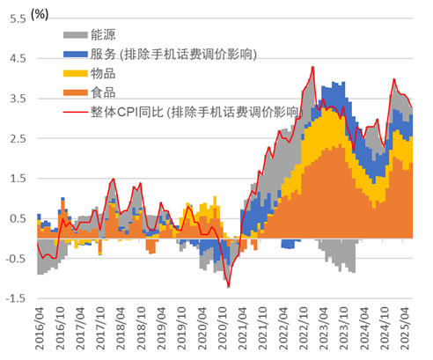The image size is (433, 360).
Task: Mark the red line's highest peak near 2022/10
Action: coord(312,67)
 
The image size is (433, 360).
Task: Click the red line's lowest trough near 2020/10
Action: coord(228,287)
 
